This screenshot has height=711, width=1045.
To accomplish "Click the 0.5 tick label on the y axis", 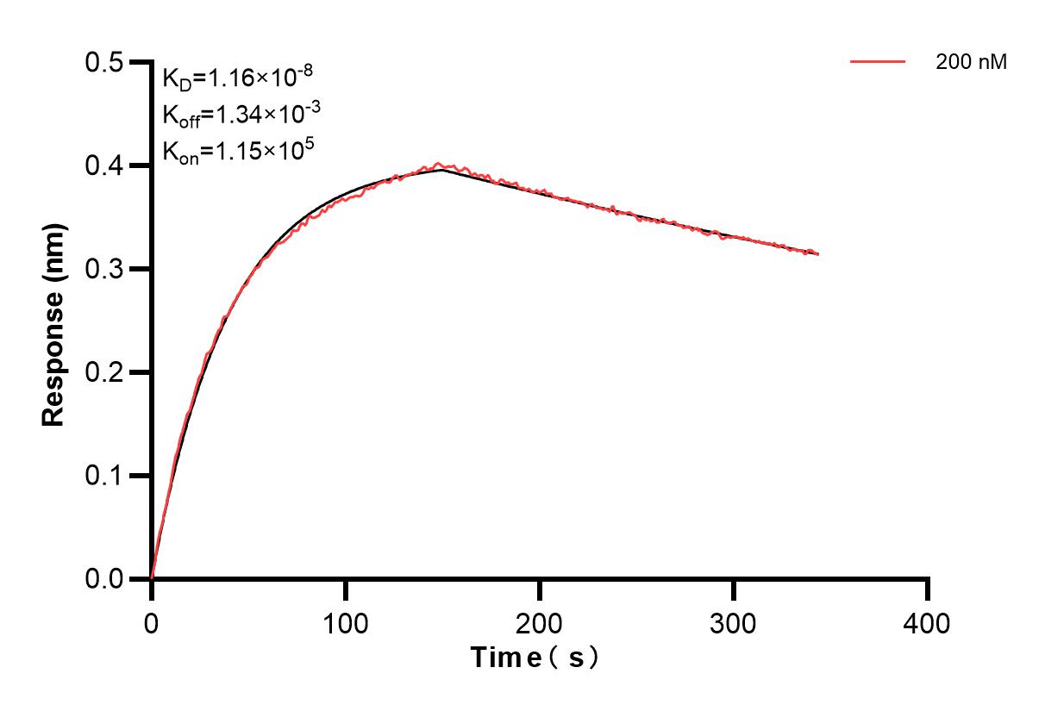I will [x=104, y=63].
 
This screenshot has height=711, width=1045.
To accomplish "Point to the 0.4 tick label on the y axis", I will [x=104, y=166].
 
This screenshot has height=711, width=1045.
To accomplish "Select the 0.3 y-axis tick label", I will [x=104, y=270].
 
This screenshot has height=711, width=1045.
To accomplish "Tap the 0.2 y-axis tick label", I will [x=104, y=373].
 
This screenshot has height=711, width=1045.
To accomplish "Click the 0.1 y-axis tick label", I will [x=104, y=477].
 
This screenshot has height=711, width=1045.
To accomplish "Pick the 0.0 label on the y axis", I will [x=104, y=580].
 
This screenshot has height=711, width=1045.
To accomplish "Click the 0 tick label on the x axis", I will [x=152, y=622].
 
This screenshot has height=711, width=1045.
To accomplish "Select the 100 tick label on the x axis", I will [x=346, y=622].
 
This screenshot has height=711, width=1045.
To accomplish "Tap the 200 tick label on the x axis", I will [x=540, y=622].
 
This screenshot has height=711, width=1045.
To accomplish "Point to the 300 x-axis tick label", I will [x=734, y=622].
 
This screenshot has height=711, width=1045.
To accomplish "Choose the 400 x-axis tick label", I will [x=928, y=622].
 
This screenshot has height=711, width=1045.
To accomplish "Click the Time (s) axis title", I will [x=535, y=658].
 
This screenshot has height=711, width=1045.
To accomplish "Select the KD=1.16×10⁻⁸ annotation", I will [x=237, y=78].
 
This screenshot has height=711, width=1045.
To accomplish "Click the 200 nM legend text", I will [x=972, y=62].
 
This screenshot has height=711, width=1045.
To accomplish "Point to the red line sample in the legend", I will [x=878, y=62].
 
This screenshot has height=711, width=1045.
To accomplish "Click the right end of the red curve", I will [x=817, y=254].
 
